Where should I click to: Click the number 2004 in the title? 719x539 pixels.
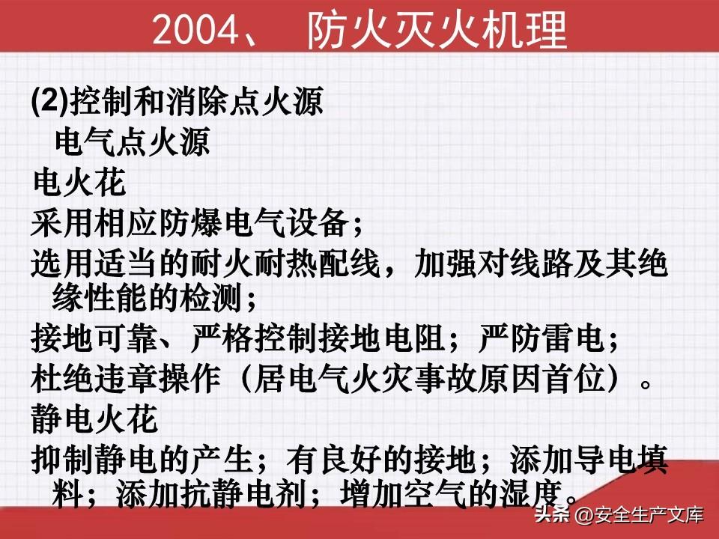[x=196, y=30]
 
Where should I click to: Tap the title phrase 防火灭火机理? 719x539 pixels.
[x=437, y=30]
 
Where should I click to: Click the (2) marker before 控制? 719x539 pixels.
[x=50, y=101]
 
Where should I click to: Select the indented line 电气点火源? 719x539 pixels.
[x=133, y=141]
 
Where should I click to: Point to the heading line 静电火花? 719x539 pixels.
[x=95, y=419]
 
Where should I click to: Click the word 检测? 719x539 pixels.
[x=210, y=299]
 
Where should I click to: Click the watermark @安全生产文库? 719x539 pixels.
[x=639, y=515]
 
